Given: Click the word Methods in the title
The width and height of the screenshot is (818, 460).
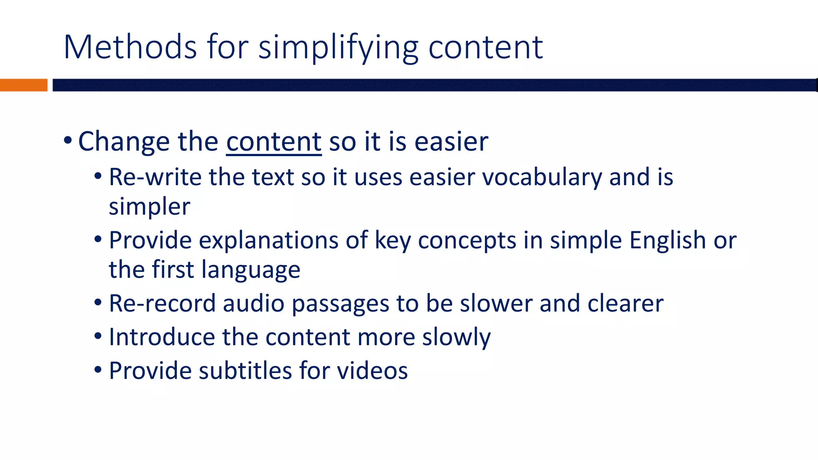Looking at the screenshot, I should click(130, 47).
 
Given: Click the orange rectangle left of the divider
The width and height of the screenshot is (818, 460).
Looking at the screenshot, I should click(24, 85).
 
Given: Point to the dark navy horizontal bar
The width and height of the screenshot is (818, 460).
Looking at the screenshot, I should click(435, 85).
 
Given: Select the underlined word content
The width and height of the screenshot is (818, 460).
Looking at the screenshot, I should click(274, 142).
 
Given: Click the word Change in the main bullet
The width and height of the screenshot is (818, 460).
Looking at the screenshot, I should click(124, 142).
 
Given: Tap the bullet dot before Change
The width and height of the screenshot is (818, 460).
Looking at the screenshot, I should click(68, 140).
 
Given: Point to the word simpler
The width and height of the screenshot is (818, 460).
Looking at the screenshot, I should click(149, 207).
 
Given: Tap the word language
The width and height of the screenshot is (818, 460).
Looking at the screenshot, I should click(251, 270).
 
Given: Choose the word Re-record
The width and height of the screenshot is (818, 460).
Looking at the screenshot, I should click(162, 303).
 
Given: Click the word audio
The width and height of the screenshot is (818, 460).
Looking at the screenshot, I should click(253, 303).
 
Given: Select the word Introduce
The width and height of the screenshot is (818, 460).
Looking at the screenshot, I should click(162, 337).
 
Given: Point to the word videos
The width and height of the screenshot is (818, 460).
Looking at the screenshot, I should click(372, 371).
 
